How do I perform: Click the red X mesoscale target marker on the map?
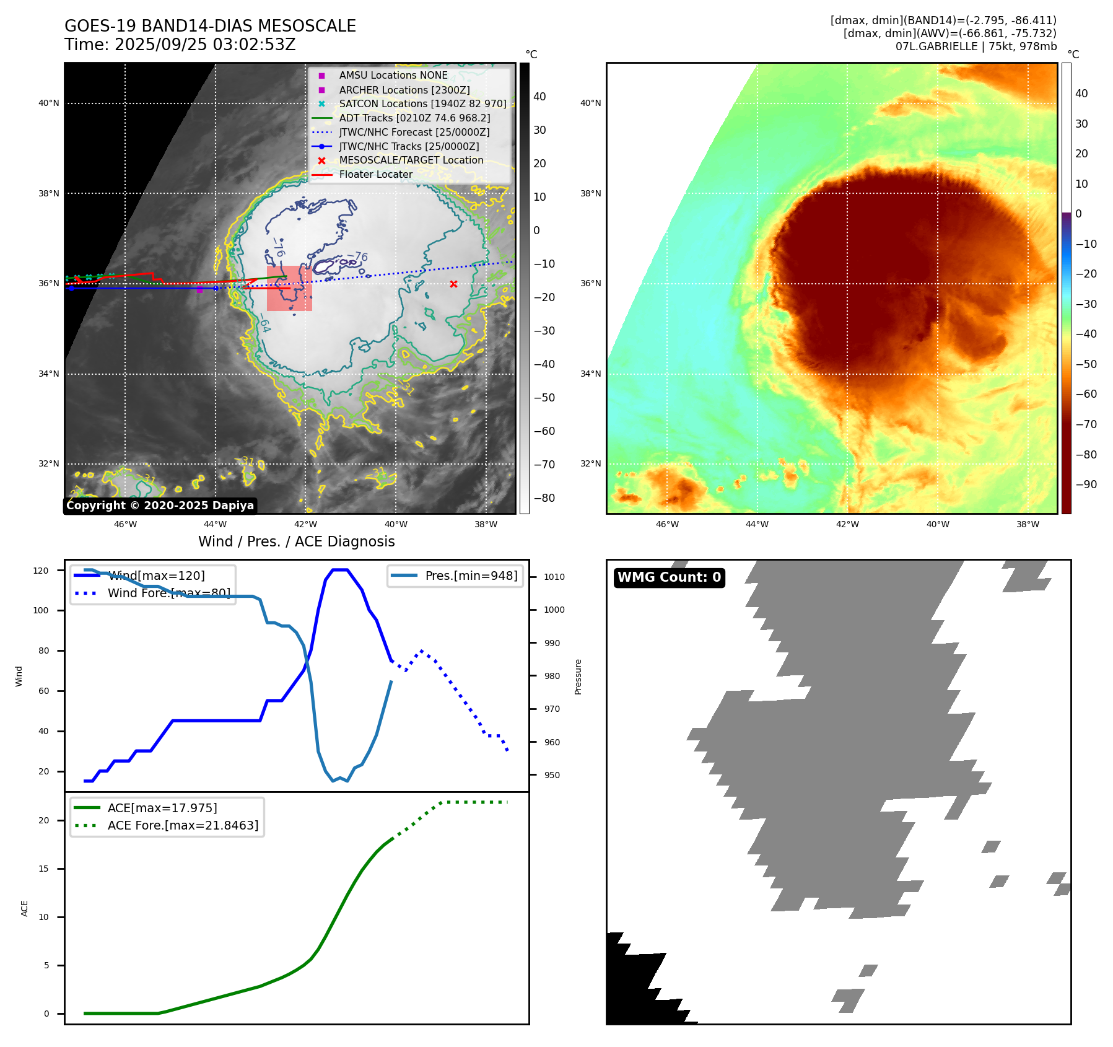coord(453,284)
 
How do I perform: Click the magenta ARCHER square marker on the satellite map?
coord(199,289)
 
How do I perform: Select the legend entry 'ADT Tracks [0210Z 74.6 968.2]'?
coord(414,118)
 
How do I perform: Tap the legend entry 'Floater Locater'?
coord(375,175)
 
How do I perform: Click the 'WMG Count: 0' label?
coord(669,577)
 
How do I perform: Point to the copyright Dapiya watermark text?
coord(160,506)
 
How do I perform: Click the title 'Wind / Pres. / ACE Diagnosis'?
coord(296,541)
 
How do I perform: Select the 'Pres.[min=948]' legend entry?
coord(471,576)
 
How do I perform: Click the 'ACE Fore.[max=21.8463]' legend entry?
coord(183,825)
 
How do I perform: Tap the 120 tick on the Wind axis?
coord(41,571)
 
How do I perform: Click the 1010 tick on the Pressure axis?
coord(554,577)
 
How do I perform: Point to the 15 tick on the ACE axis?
coord(43,869)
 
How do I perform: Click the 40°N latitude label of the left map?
coord(49,103)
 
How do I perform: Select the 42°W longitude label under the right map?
coord(847,524)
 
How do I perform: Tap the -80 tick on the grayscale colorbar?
coord(544,498)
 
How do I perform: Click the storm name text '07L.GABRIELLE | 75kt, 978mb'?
coord(976,46)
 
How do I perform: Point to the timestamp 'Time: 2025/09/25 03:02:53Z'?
coord(180,45)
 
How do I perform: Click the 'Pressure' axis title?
coord(578,677)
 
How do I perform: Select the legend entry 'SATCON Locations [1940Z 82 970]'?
coord(422,103)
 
